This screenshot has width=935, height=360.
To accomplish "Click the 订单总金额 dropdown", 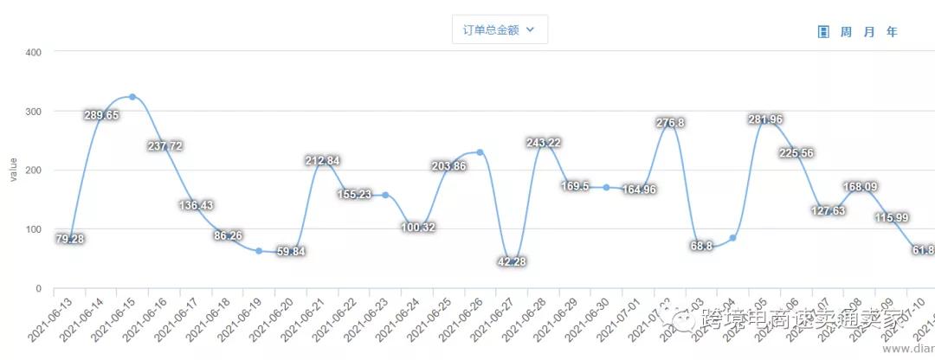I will point(500,29).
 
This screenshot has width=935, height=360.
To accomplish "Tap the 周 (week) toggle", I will point(846,32).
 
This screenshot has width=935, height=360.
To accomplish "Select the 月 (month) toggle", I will point(868,32).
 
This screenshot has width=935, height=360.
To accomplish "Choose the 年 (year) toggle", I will point(892,32).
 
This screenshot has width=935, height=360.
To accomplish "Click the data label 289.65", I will point(101,115).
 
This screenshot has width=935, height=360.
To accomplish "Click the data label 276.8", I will point(670,124).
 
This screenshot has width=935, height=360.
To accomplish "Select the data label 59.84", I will point(291,252).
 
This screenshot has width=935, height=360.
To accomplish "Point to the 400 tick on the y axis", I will point(34,53).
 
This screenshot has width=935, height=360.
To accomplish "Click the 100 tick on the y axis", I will point(34,229).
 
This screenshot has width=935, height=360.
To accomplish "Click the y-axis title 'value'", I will point(13,170).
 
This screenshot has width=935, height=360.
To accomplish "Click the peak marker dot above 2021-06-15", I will point(132,97).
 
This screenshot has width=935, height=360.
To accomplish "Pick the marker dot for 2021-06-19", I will point(259,251).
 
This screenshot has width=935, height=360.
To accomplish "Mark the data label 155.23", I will point(353,195).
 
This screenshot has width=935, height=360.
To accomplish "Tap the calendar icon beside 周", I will point(823,32).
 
